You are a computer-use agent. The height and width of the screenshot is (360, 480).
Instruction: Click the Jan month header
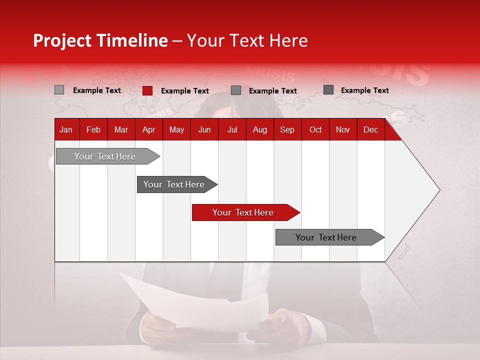tap(66, 130)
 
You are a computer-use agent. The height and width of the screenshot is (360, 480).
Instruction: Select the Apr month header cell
tap(148, 130)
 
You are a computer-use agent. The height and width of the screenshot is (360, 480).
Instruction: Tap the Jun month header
tap(204, 130)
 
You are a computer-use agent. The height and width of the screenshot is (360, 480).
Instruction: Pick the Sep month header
tap(287, 130)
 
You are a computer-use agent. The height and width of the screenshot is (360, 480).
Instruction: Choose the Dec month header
tap(370, 130)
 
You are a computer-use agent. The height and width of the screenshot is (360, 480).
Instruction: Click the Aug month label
tap(259, 130)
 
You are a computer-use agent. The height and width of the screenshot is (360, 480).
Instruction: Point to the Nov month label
tap(343, 130)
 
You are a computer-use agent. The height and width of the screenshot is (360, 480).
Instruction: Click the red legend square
tap(147, 90)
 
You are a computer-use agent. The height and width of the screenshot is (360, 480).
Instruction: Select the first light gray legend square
tap(59, 90)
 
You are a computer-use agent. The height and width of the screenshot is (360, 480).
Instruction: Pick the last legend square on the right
tap(328, 90)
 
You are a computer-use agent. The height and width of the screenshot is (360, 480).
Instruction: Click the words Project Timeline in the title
tap(100, 40)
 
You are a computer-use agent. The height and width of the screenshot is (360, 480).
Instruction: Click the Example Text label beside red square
tap(184, 91)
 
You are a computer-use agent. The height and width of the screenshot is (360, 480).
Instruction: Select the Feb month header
tap(93, 130)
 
